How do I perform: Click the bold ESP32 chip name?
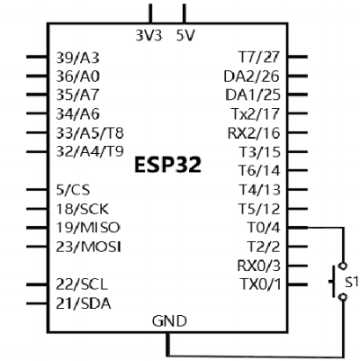coord(167,165)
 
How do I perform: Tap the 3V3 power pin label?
coord(148,36)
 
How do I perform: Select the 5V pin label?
coord(185,36)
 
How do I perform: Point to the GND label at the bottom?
coord(169,321)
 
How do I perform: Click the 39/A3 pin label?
coord(77,58)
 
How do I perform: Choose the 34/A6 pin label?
coord(77,114)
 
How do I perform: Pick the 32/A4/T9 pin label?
coord(90,151)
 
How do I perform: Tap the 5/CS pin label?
coord(73,190)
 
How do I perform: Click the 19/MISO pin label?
coord(88,228)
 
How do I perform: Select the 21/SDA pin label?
coord(84,303)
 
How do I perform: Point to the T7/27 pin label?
coord(259,58)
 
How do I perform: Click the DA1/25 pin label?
coord(253,95)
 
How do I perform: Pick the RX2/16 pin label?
coord(254,133)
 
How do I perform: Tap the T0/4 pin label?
coord(263,228)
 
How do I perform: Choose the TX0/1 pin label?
coord(261,284)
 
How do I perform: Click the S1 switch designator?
coord(351,282)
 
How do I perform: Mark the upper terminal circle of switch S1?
coord(342,266)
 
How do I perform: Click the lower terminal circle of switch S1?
coord(342,297)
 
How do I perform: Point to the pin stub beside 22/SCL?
coord(37,284)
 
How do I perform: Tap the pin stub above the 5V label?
coord(184,14)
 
